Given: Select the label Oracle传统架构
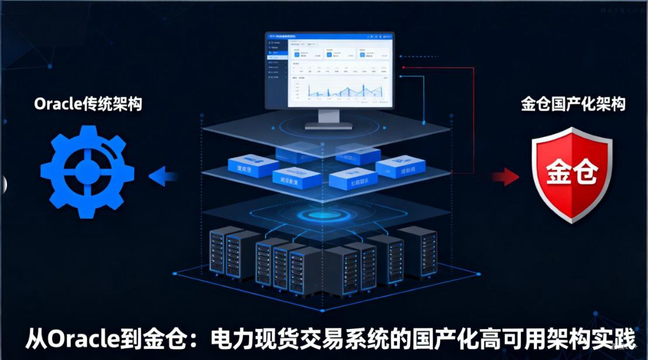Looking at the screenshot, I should pyautogui.click(x=88, y=104).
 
